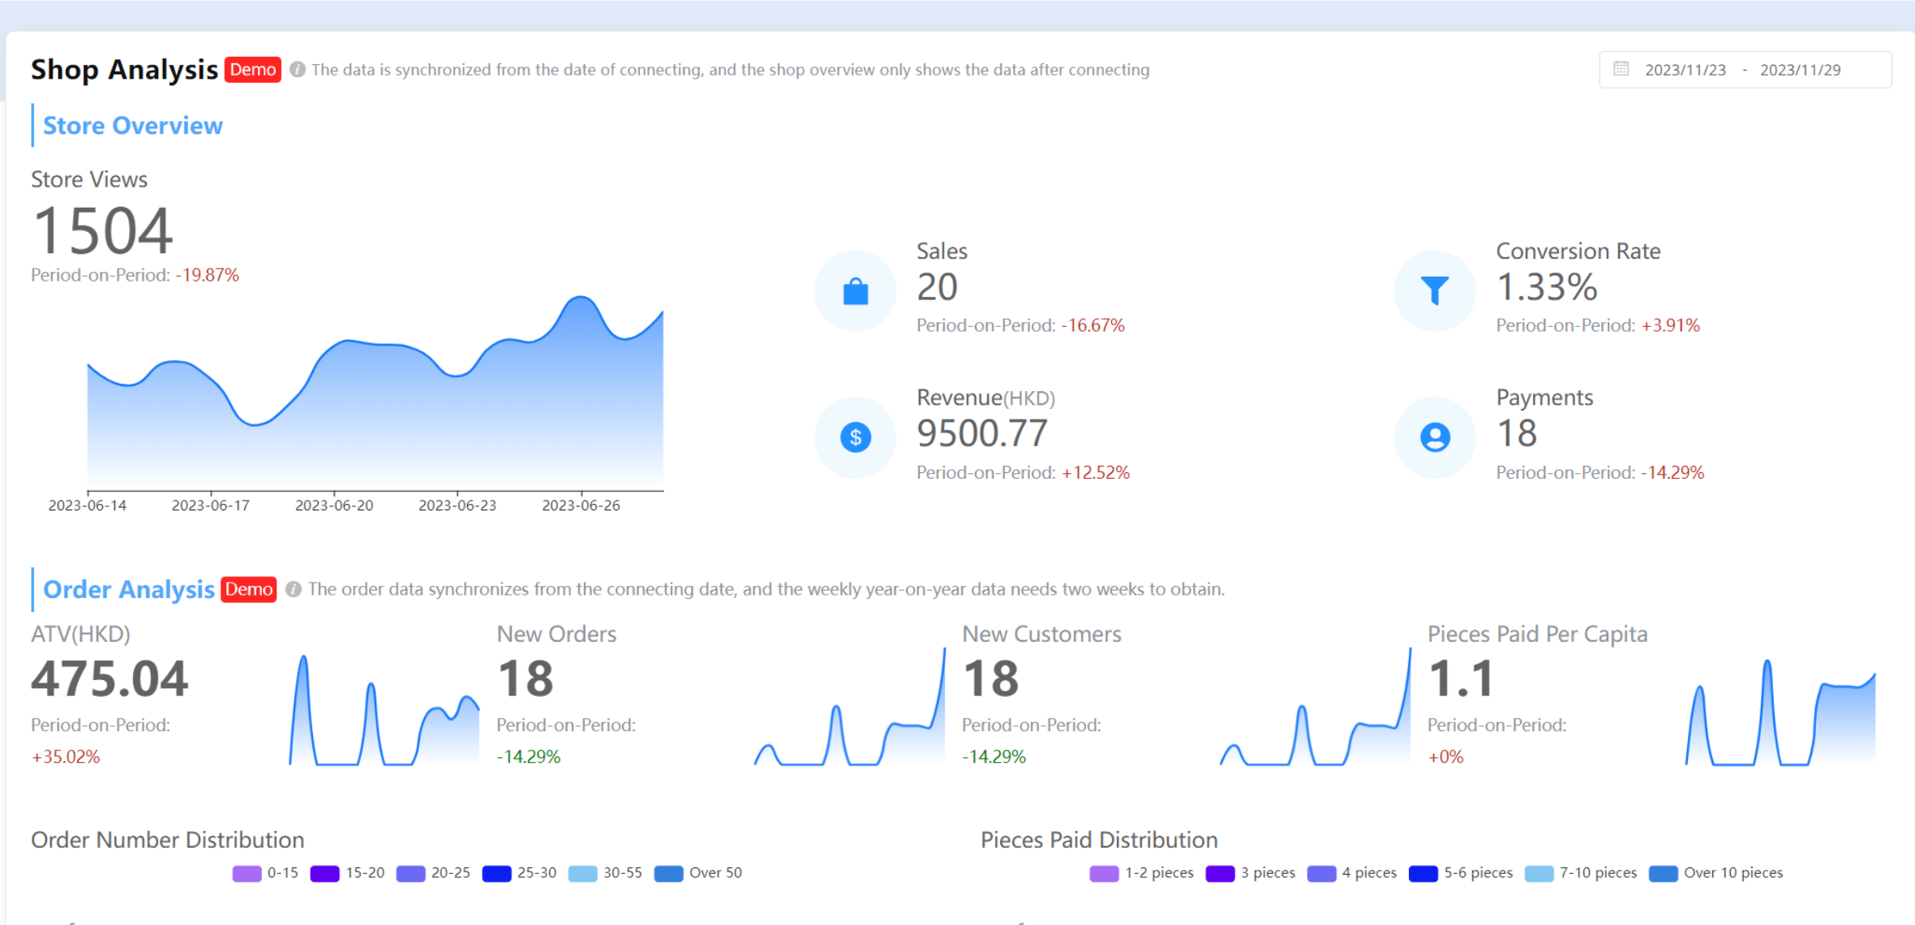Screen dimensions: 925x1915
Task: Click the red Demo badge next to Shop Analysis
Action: pyautogui.click(x=252, y=70)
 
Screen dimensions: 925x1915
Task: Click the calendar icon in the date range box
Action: pyautogui.click(x=1621, y=69)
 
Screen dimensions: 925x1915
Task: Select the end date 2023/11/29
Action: pyautogui.click(x=1800, y=70)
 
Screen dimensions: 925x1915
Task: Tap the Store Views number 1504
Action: pyautogui.click(x=102, y=231)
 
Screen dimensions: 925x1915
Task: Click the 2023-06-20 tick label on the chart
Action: pyautogui.click(x=334, y=506)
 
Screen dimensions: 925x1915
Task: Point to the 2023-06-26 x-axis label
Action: pyautogui.click(x=581, y=506)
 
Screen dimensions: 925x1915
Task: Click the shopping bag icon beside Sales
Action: pyautogui.click(x=855, y=290)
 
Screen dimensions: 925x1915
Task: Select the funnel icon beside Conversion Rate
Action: pyautogui.click(x=1434, y=290)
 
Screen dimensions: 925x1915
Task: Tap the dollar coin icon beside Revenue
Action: pyautogui.click(x=855, y=437)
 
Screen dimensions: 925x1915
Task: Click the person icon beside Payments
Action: pyautogui.click(x=1434, y=437)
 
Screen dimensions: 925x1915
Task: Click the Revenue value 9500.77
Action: pyautogui.click(x=982, y=433)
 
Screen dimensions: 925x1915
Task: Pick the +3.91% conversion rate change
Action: pyautogui.click(x=1670, y=325)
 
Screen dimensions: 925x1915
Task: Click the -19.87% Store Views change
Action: pyautogui.click(x=207, y=275)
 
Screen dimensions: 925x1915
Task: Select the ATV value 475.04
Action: pyautogui.click(x=109, y=678)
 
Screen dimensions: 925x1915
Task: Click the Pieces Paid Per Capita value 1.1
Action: pyautogui.click(x=1460, y=678)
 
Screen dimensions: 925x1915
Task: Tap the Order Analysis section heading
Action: pyautogui.click(x=128, y=590)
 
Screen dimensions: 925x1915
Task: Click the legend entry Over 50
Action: pyautogui.click(x=698, y=873)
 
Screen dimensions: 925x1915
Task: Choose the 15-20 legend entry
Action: pyautogui.click(x=348, y=873)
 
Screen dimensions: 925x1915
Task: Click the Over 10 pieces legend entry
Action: pyautogui.click(x=1717, y=873)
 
